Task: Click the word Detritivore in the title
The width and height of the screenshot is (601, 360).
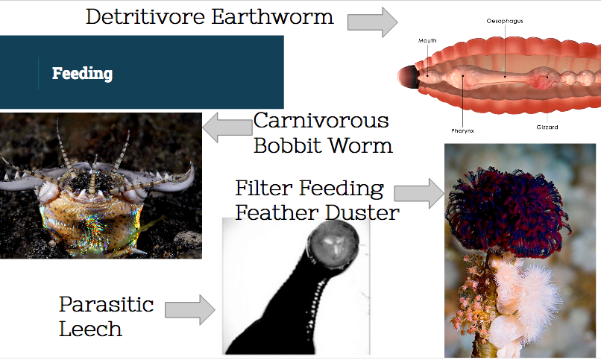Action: (145, 17)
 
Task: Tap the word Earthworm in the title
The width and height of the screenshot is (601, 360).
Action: (272, 17)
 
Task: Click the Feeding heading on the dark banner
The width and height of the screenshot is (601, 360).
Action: (83, 74)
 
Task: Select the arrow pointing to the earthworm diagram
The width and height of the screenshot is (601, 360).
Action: (372, 22)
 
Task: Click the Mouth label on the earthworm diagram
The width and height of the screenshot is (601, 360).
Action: (427, 40)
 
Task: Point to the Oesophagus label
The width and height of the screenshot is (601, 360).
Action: (505, 21)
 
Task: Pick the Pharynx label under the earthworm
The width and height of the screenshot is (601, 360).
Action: (462, 130)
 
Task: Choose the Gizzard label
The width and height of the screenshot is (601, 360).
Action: (547, 127)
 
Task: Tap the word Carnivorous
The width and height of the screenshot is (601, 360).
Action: (321, 121)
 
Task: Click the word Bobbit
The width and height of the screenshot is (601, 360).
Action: (287, 146)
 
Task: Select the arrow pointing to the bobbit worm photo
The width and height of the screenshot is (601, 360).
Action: (227, 127)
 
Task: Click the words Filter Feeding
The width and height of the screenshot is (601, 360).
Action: (309, 189)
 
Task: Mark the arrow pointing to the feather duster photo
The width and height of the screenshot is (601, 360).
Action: (419, 193)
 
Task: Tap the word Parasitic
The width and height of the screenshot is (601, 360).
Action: (106, 304)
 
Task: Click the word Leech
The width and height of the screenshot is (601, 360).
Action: (90, 329)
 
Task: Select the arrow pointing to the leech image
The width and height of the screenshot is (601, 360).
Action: (190, 310)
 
